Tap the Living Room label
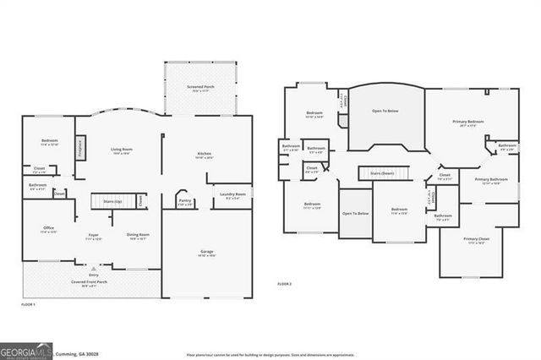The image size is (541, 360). (121, 150)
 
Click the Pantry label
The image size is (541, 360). (186, 201)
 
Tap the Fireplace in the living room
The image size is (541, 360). (80, 148)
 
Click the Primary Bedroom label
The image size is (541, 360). (470, 122)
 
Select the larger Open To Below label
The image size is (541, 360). (385, 109)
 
